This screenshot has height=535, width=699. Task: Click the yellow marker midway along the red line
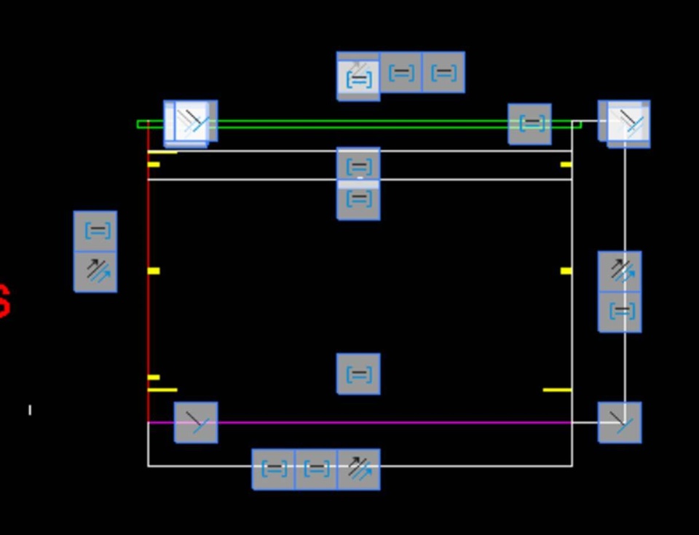pyautogui.click(x=154, y=271)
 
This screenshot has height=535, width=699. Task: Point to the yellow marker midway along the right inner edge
pyautogui.click(x=566, y=271)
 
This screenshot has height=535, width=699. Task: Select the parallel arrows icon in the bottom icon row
pyautogui.click(x=358, y=469)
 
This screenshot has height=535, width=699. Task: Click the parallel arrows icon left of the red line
pyautogui.click(x=95, y=272)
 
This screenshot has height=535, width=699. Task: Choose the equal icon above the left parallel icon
pyautogui.click(x=95, y=231)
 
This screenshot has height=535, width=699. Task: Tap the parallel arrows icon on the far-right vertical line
pyautogui.click(x=620, y=272)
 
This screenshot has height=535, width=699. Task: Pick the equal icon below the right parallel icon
pyautogui.click(x=620, y=312)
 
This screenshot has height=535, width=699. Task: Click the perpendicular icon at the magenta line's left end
pyautogui.click(x=196, y=422)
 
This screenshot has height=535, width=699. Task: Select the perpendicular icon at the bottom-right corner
pyautogui.click(x=620, y=422)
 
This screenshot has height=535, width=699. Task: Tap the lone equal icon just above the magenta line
pyautogui.click(x=358, y=374)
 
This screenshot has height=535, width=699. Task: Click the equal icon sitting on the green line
pyautogui.click(x=529, y=124)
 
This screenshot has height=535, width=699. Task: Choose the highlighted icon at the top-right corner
pyautogui.click(x=625, y=123)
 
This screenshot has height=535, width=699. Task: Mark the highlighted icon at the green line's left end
pyautogui.click(x=191, y=123)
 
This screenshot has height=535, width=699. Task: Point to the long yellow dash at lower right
pyautogui.click(x=557, y=390)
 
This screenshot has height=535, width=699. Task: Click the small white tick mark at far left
pyautogui.click(x=30, y=410)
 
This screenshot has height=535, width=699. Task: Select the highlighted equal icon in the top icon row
pyautogui.click(x=358, y=76)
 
